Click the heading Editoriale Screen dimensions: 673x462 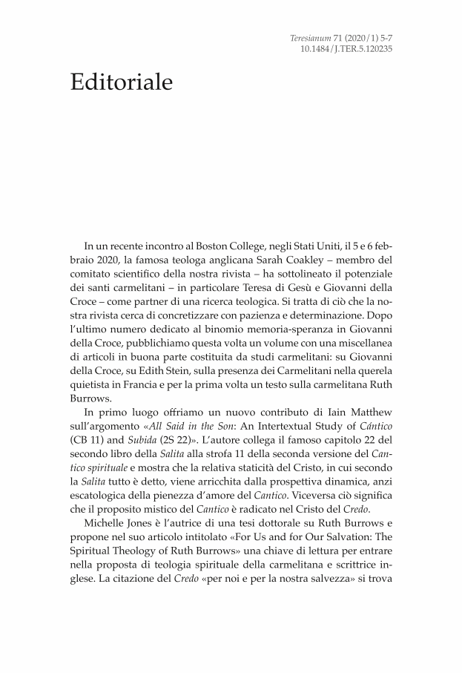point(122,82)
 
